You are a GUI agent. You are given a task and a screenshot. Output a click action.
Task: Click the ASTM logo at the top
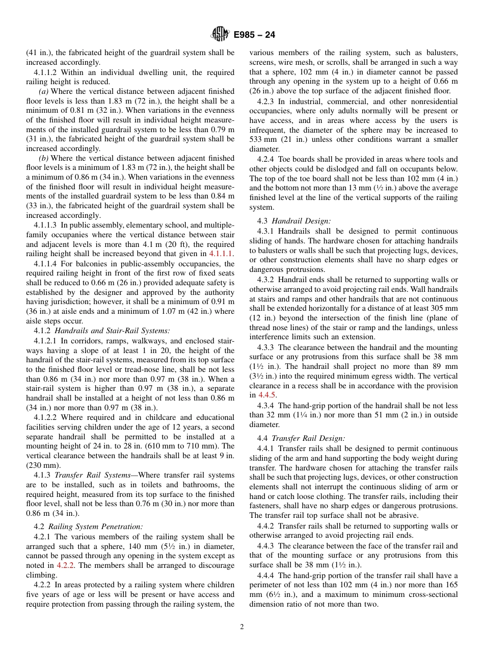(220, 35)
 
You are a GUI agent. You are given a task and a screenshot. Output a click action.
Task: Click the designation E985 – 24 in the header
(254, 35)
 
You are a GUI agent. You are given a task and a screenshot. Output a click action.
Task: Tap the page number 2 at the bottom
(242, 627)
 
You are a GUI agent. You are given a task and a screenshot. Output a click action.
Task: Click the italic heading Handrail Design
(301, 221)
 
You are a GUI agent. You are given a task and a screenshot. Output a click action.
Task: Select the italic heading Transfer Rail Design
(308, 438)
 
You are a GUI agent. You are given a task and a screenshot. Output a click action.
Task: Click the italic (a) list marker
(44, 91)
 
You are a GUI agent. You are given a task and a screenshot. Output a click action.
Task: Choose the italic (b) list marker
(44, 158)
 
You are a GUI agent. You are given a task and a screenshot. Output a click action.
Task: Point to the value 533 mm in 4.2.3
(261, 140)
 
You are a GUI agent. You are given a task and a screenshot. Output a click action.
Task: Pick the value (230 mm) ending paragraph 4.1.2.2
(43, 465)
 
